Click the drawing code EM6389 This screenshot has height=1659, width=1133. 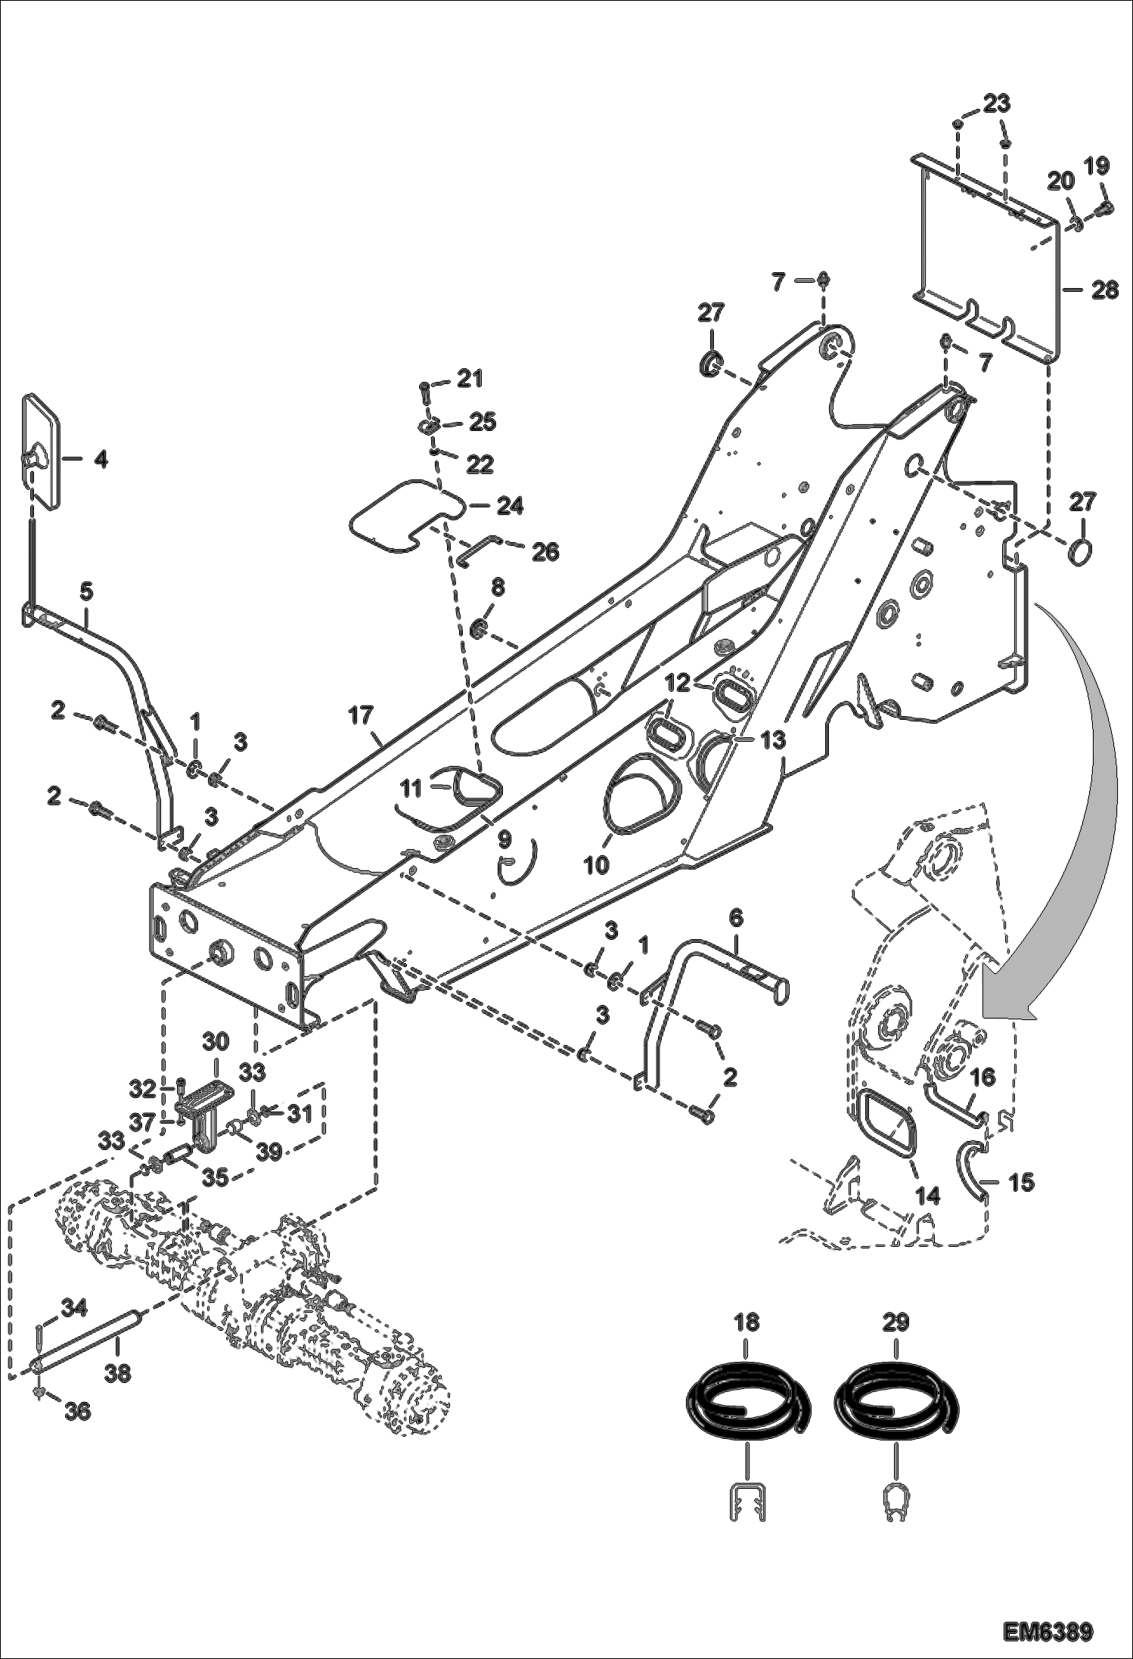pyautogui.click(x=1048, y=1629)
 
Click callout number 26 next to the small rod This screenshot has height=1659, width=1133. pyautogui.click(x=545, y=552)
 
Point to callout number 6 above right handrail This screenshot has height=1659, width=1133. pyautogui.click(x=735, y=919)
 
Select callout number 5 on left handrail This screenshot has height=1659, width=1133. pyautogui.click(x=86, y=592)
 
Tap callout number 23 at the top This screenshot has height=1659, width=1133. pyautogui.click(x=996, y=104)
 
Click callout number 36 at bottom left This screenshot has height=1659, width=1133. pyautogui.click(x=78, y=1411)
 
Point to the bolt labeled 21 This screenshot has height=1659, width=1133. pyautogui.click(x=424, y=391)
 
